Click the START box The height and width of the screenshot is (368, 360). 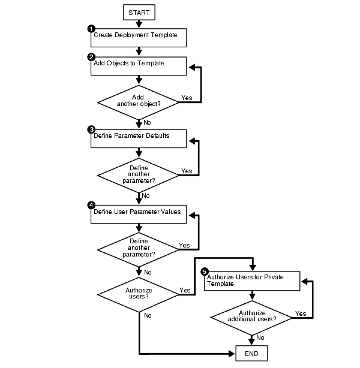coord(139,11)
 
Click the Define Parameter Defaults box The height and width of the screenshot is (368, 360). coord(139,138)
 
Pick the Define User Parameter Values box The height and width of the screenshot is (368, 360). coord(139,215)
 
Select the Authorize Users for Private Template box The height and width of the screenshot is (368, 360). coord(252,281)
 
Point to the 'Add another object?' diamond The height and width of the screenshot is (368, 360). coord(139,99)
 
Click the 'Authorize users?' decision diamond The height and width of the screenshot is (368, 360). coord(139,294)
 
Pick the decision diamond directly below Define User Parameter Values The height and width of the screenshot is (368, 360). coord(139,248)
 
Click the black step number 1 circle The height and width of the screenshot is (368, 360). coord(91,29)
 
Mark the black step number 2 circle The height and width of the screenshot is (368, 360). coord(91,56)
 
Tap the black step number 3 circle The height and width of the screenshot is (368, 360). coord(91,129)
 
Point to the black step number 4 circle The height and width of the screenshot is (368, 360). coord(91,205)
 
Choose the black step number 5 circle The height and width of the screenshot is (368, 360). coord(204,271)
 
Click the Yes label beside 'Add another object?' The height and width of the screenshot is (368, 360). coord(186,98)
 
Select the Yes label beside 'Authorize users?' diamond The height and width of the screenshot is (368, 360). coord(185,291)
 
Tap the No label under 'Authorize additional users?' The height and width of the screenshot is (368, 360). coord(260,337)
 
